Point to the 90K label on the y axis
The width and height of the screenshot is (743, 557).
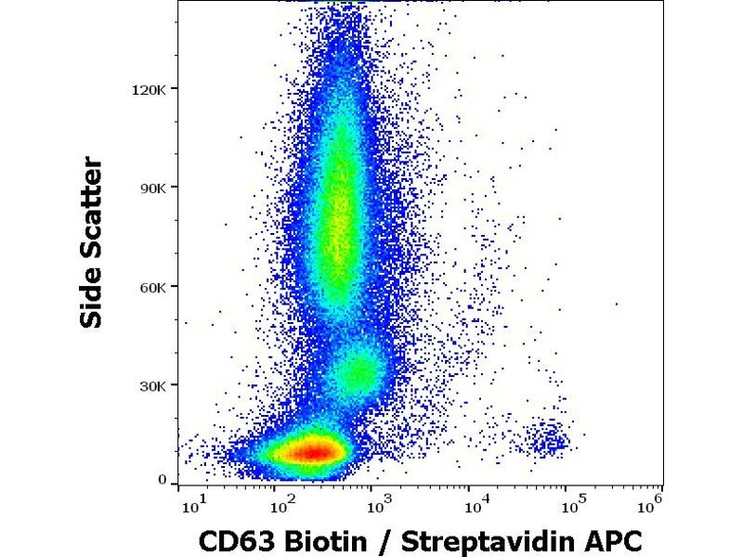coord(151,188)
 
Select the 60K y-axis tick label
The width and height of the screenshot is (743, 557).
coord(151,287)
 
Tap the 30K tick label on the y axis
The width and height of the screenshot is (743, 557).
coord(151,385)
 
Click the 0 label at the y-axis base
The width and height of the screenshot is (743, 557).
coord(163,480)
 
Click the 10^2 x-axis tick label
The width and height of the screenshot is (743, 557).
coord(283,505)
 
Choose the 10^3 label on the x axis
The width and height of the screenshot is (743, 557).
coord(378,505)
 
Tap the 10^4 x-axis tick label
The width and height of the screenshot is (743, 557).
coord(474,505)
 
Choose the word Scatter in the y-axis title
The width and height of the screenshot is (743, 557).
coord(91,212)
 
